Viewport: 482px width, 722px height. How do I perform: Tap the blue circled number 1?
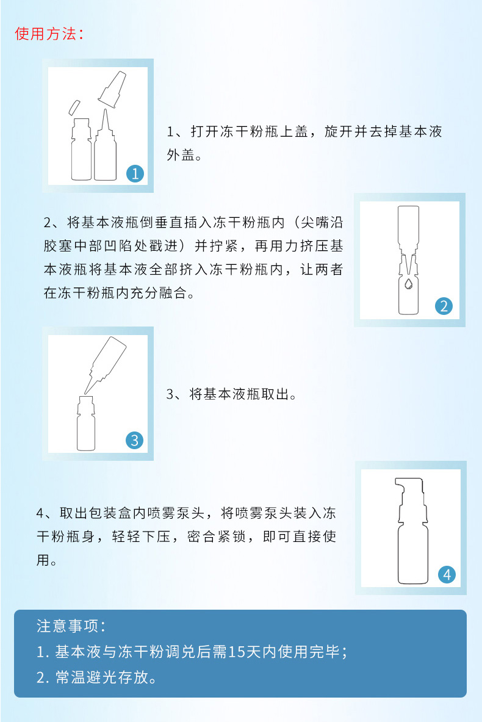135,173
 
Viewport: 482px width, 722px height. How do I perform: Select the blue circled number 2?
444,306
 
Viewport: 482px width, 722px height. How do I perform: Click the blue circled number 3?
134,440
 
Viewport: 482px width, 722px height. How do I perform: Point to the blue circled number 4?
447,575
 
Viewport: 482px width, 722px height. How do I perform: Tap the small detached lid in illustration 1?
74,107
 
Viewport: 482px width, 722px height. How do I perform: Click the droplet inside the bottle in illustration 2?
408,284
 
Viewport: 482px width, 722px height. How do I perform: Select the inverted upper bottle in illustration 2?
408,235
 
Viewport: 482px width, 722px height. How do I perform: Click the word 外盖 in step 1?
181,155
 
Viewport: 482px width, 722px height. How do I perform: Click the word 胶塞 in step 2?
59,246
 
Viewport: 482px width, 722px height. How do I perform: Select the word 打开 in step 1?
205,132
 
